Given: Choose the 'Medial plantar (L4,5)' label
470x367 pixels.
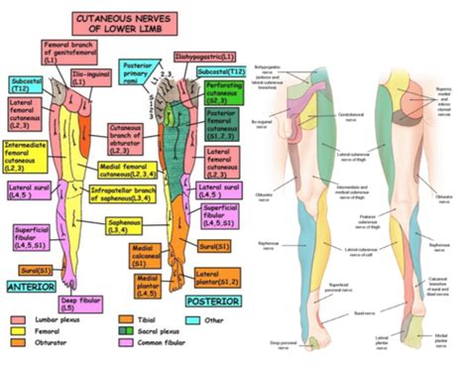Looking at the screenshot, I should click(148, 287).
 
